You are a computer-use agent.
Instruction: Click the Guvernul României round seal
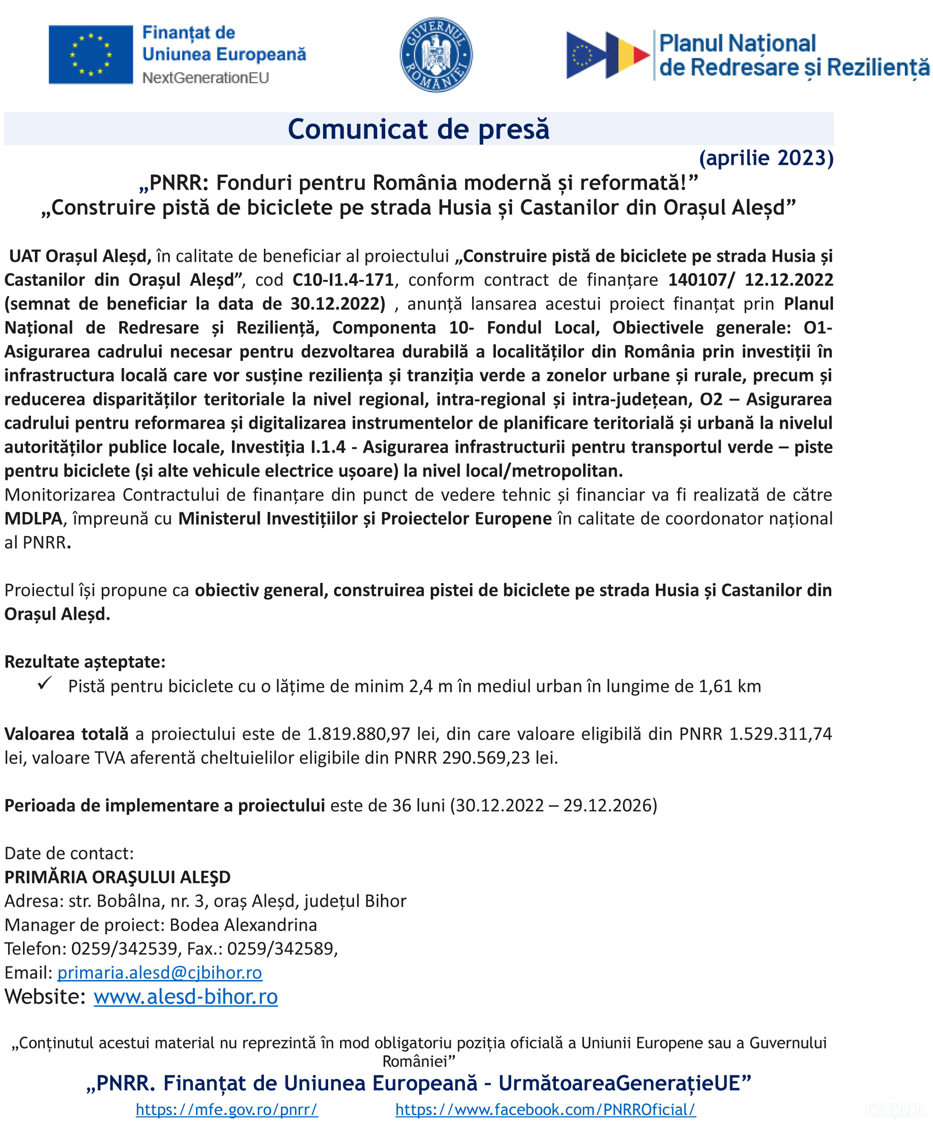[436, 55]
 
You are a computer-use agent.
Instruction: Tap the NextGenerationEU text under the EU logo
[206, 78]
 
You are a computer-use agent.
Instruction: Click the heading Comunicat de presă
[418, 129]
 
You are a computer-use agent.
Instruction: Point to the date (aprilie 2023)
[766, 158]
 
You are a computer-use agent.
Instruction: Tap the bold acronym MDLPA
[33, 518]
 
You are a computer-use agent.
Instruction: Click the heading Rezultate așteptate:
[85, 661]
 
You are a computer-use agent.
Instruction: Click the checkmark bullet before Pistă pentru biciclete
[45, 684]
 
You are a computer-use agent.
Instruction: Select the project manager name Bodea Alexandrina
[243, 925]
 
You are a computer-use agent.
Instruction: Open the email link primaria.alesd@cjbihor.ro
[160, 972]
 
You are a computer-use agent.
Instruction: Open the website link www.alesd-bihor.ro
[186, 997]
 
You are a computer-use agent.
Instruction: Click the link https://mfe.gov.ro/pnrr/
[227, 1110]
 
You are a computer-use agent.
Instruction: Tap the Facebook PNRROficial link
[545, 1110]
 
